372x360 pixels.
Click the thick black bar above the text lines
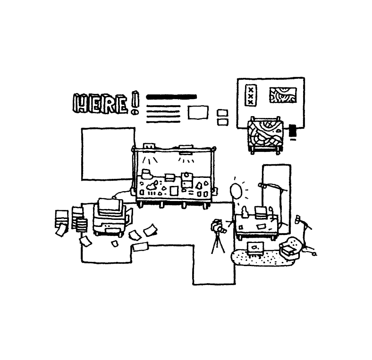pos(171,97)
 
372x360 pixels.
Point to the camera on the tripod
pos(218,227)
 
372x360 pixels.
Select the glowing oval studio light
pos(236,191)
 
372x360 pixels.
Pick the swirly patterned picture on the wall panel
pos(283,95)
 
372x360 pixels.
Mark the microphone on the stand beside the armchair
pos(298,219)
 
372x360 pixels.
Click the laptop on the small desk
pos(260,212)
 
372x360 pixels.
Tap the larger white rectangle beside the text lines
pos(198,112)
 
